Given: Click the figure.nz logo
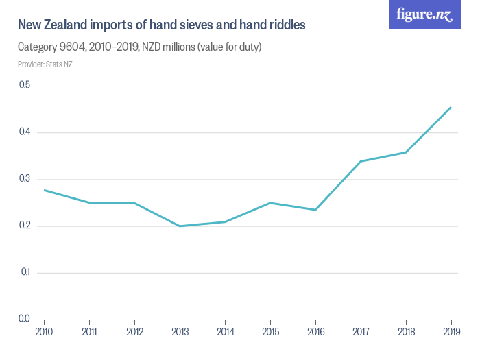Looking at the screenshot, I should coord(424,15).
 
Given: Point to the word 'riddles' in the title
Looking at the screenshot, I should coord(286,25).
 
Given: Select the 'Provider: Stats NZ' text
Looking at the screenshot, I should coord(45,64).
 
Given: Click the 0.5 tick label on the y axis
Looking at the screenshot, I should coord(25,85).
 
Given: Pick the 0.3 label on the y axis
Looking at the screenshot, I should coord(25,179).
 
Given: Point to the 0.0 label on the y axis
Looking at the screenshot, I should coord(25,319).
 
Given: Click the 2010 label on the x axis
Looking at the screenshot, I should coord(44,333).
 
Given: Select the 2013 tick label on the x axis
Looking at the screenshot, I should coord(180,333).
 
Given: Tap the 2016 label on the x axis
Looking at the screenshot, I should coord(315,333).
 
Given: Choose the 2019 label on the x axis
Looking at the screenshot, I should coord(451,333).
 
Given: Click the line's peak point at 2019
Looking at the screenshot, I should coord(451,107).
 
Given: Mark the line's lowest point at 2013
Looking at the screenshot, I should coord(180,226).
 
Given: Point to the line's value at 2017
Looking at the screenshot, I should coord(360,161).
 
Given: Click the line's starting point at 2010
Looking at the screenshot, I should coord(44,190).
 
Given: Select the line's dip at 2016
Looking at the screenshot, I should coord(315,210).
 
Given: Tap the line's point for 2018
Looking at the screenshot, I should coord(405,152).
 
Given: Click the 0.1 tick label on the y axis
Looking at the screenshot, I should coord(25,272).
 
